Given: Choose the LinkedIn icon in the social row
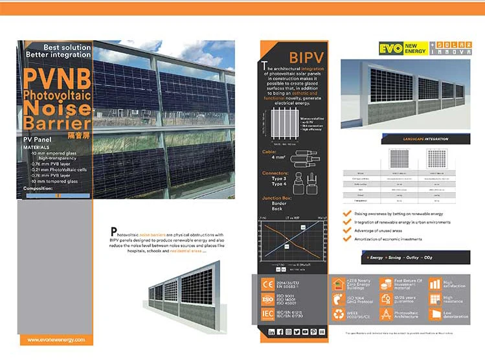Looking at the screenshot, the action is click(x=272, y=332).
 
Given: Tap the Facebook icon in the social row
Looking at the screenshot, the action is click(x=280, y=332).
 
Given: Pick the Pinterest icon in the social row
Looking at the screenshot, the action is click(x=313, y=332).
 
